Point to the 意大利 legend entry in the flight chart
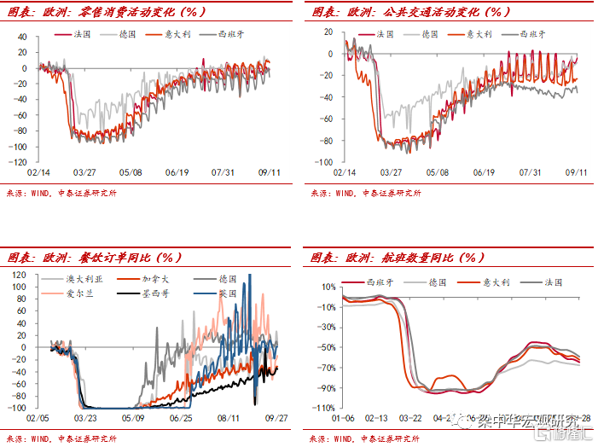[x=485, y=281]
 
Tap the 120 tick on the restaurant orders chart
[x=19, y=275]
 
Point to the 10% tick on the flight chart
[x=329, y=287]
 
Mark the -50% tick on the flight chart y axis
[x=327, y=347]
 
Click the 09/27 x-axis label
[x=276, y=419]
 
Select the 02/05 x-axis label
[x=36, y=419]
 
